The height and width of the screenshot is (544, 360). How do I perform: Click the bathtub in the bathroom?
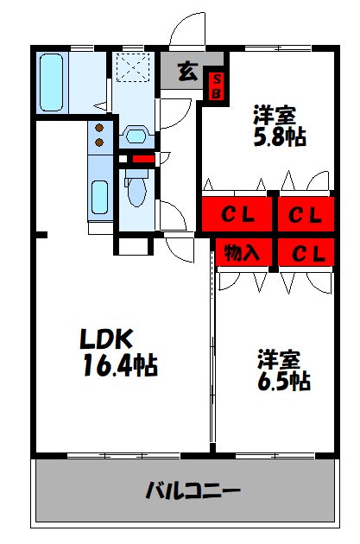[52, 81]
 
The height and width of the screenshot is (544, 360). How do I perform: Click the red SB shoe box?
[217, 85]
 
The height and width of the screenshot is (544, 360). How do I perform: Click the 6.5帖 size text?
[282, 380]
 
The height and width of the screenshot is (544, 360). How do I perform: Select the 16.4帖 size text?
[120, 365]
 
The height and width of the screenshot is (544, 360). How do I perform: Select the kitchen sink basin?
[99, 199]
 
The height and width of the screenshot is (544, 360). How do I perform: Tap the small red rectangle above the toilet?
[142, 159]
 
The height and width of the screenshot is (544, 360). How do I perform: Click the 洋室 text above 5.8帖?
[276, 114]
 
